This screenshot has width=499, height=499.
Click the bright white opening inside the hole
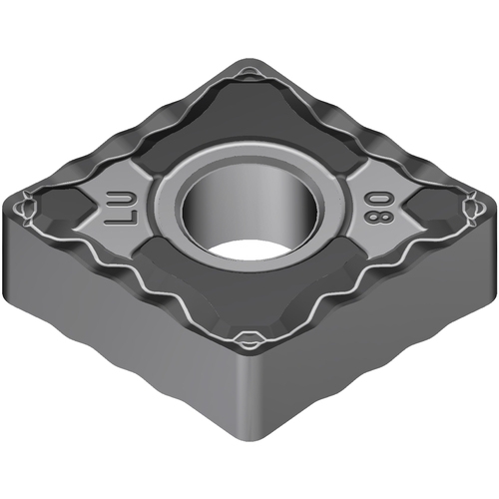click(247, 249)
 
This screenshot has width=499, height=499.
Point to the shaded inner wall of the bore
click(248, 210)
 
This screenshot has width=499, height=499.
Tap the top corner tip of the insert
click(248, 62)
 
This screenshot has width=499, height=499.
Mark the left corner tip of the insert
click(8, 208)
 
